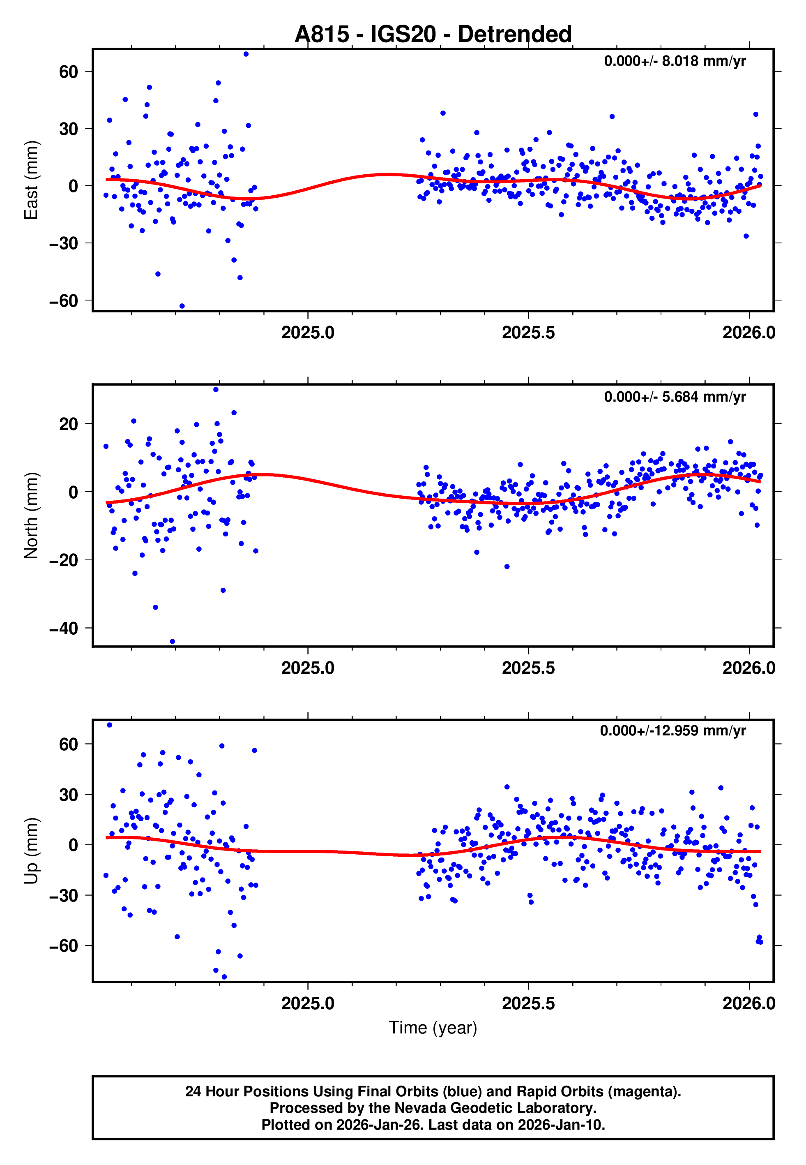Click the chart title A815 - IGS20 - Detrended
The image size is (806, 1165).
[433, 35]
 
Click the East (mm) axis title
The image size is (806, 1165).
[31, 180]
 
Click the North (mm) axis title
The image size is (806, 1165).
[31, 515]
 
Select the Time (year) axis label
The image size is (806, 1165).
[433, 1028]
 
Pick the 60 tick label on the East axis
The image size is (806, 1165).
[69, 72]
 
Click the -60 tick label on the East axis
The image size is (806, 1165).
[64, 300]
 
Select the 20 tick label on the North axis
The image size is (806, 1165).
[69, 424]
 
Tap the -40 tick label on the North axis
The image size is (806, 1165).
[64, 629]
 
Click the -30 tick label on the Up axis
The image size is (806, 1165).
[64, 895]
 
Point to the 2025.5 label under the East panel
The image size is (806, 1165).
[528, 333]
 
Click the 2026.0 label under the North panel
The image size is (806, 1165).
[748, 668]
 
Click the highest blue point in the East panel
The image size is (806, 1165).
[246, 54]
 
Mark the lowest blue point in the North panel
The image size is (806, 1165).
[172, 642]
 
